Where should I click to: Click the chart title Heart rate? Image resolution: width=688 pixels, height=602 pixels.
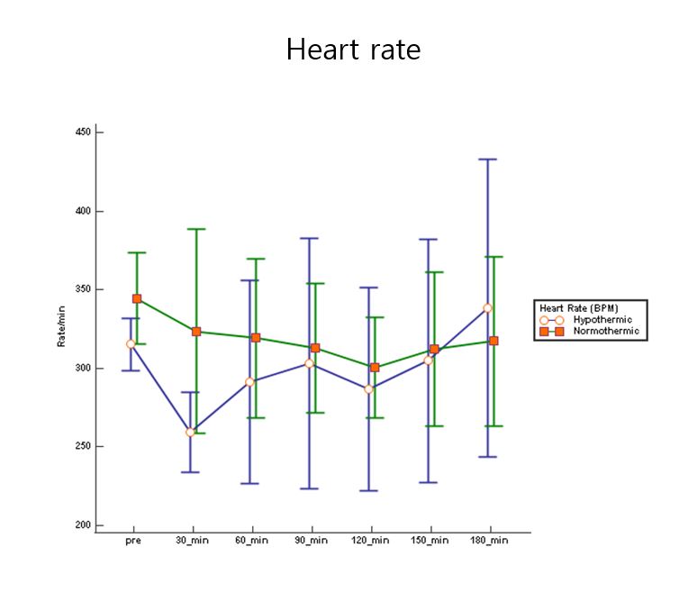[x=353, y=50]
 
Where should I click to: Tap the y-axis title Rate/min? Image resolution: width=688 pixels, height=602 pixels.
[x=61, y=326]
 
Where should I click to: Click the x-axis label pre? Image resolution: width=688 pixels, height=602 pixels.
[x=132, y=541]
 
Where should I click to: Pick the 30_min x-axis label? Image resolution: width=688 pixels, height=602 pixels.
[x=192, y=541]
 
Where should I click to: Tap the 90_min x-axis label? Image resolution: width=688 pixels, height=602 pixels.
[x=311, y=541]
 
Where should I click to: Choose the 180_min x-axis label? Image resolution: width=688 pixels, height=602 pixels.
[x=489, y=541]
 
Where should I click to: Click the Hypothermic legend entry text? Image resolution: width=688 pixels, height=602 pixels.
[x=602, y=320]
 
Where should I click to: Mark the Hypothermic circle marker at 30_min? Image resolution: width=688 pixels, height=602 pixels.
[x=190, y=433]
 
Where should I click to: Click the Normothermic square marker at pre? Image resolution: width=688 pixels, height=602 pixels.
[x=137, y=298]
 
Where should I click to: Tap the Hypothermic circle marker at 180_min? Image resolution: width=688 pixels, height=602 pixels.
[x=487, y=308]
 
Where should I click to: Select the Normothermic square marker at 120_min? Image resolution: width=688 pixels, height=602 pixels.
[x=375, y=368]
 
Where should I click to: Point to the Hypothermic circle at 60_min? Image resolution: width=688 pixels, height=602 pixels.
[x=249, y=382]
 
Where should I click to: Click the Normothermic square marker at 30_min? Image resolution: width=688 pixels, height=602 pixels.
[x=196, y=332]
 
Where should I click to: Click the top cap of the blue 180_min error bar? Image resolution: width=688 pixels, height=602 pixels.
[x=487, y=160]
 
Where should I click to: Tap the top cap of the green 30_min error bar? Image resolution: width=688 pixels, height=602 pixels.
[x=196, y=229]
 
